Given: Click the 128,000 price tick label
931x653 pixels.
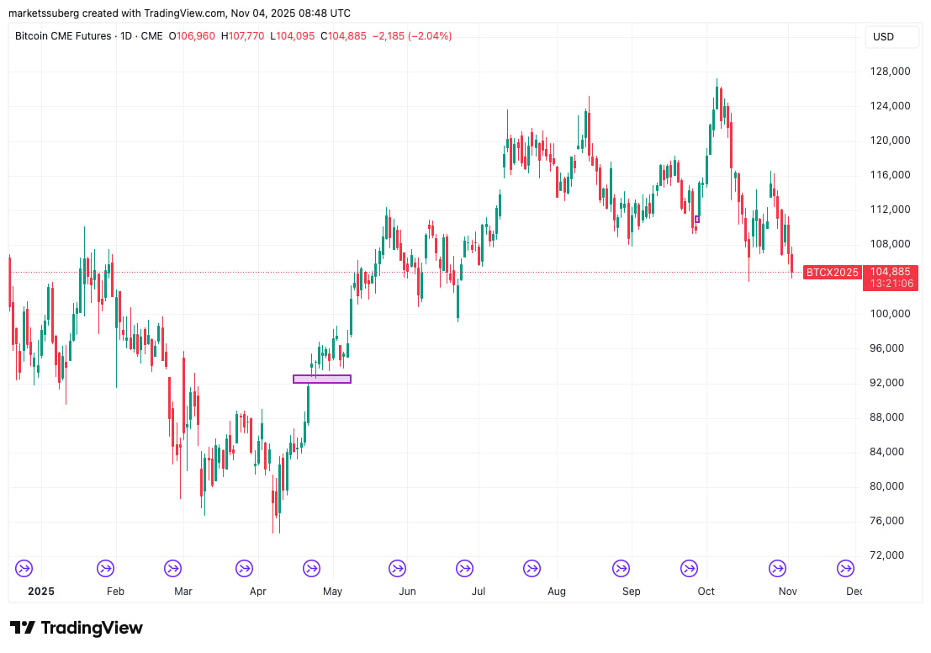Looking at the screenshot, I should (x=890, y=72).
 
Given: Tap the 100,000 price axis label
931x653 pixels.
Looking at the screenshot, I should (x=890, y=314).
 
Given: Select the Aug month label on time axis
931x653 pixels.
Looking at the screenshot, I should (x=556, y=592).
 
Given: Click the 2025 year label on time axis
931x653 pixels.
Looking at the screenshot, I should (x=40, y=592).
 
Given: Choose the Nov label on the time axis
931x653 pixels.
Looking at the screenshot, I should (x=787, y=592).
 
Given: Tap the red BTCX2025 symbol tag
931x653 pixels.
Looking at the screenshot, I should (x=833, y=272).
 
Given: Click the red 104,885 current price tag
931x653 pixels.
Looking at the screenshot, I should (x=890, y=272).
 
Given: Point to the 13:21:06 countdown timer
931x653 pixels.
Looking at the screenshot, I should (x=890, y=284).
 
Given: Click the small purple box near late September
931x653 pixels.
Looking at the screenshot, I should (x=696, y=220).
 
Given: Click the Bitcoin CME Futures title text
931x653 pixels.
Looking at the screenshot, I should (x=62, y=36).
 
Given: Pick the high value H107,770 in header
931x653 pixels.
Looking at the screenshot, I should (x=242, y=36).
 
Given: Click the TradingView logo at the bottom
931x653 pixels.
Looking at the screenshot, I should (x=77, y=628).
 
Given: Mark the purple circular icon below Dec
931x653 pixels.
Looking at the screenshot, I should (x=845, y=569).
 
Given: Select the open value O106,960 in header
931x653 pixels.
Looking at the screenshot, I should (x=192, y=36).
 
